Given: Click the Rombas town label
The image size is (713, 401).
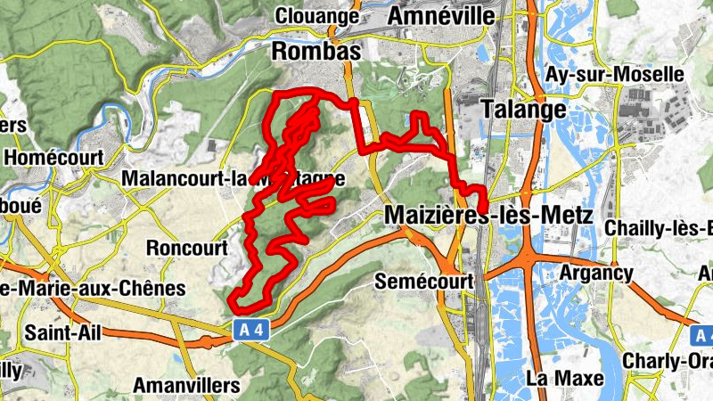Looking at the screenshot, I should [316, 53].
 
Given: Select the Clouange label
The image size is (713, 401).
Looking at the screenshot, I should [317, 16].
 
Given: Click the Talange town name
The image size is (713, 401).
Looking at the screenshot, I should [523, 110].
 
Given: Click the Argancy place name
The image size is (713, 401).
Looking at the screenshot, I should [598, 273].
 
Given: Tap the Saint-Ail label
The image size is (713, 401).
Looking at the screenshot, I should [62, 333].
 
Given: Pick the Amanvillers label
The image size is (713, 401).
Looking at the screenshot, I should [186, 385].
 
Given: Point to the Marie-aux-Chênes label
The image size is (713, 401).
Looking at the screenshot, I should [93, 289].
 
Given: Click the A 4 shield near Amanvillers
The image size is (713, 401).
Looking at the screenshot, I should [250, 330].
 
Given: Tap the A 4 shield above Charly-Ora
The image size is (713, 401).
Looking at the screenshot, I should [703, 335].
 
